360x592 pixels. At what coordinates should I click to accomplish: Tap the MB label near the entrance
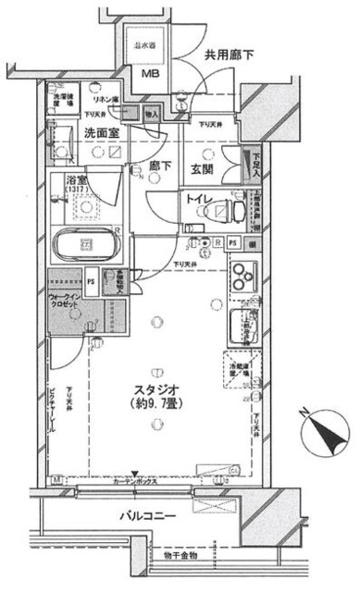[x=149, y=78]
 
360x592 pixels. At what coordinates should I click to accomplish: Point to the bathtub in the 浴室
[x=85, y=245]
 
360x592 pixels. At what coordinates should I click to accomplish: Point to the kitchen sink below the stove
[x=242, y=325]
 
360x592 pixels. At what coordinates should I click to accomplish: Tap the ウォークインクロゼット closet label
[x=71, y=304]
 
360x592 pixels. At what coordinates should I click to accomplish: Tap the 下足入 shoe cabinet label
[x=255, y=162]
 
